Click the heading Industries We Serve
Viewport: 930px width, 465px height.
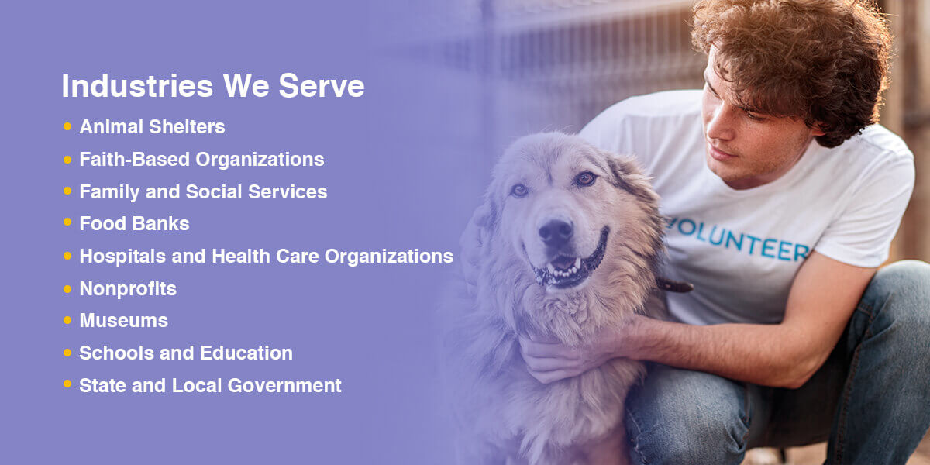tap(212, 86)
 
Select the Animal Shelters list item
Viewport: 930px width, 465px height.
tap(152, 127)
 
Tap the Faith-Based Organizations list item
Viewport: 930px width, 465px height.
tap(201, 160)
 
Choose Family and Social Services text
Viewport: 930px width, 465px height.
tap(203, 191)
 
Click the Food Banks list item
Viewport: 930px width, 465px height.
tap(134, 224)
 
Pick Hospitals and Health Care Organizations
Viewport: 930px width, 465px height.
tap(266, 257)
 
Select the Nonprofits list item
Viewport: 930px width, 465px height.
tap(128, 289)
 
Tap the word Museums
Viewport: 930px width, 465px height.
tap(123, 320)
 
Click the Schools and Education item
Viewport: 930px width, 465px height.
tap(186, 353)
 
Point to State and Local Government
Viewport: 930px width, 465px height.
tap(210, 385)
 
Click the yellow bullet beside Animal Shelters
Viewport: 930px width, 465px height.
tap(67, 126)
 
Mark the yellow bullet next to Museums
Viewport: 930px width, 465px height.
tap(67, 319)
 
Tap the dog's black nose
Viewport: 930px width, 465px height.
tap(555, 231)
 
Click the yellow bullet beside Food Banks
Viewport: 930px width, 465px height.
tap(67, 222)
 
